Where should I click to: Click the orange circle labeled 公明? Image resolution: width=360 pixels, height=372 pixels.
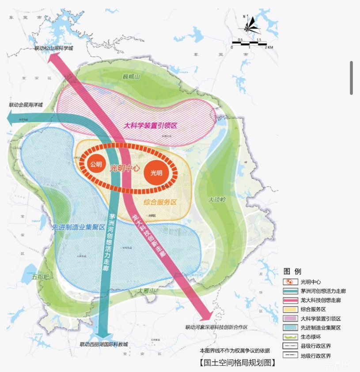click(96, 164)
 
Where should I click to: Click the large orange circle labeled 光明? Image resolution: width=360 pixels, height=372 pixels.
click(156, 173)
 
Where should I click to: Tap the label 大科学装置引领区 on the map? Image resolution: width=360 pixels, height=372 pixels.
click(151, 125)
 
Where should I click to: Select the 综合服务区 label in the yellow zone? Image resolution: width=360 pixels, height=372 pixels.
click(160, 202)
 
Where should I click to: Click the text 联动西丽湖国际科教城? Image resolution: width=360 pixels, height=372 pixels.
click(103, 344)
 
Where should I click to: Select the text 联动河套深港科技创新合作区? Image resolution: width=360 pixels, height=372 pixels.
click(216, 327)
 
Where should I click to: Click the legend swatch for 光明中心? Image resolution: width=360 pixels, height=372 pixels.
click(290, 282)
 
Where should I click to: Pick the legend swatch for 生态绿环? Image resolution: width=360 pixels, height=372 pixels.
click(290, 337)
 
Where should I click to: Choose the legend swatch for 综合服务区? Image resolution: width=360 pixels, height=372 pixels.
click(290, 309)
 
